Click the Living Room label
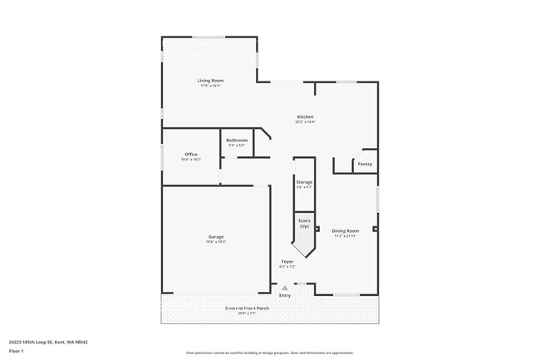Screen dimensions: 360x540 (210, 80)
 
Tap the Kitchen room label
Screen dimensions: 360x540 (305, 116)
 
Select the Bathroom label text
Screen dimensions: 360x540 (237, 140)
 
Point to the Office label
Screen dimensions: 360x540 (190, 154)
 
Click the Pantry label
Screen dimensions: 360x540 (365, 164)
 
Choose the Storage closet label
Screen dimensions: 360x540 (304, 181)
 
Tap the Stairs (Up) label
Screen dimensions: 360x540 (304, 223)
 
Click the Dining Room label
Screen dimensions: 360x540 (345, 230)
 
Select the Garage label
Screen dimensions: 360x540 (215, 237)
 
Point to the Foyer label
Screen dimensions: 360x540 (287, 261)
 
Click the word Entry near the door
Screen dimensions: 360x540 (285, 295)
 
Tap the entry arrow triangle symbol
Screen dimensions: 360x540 (284, 288)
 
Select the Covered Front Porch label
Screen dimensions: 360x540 (247, 308)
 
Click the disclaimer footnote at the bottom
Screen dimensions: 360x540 (270, 353)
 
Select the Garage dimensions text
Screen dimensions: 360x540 (215, 242)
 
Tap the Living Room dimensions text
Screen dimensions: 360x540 (210, 85)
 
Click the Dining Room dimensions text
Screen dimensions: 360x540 (345, 235)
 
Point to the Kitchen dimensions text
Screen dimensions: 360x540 (305, 121)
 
